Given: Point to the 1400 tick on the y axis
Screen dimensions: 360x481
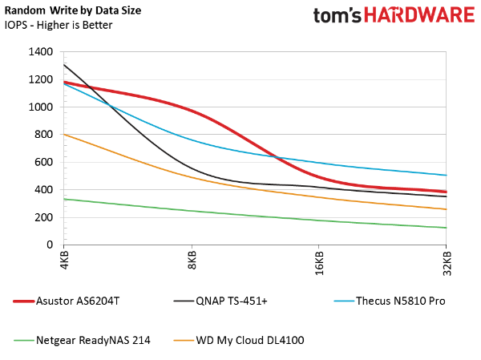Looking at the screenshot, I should pyautogui.click(x=40, y=51).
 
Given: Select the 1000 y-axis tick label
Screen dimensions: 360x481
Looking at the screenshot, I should pyautogui.click(x=40, y=107).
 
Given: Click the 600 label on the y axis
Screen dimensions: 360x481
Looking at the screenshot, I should pyautogui.click(x=43, y=162).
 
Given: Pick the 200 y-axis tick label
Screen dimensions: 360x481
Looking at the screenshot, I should pyautogui.click(x=43, y=217).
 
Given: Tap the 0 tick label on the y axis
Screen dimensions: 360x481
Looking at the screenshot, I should pyautogui.click(x=50, y=245).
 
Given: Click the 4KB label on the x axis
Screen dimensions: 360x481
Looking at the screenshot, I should pyautogui.click(x=64, y=262).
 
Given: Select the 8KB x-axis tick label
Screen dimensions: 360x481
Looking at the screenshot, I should pyautogui.click(x=192, y=262).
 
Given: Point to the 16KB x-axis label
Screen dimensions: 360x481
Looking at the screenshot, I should pyautogui.click(x=319, y=264).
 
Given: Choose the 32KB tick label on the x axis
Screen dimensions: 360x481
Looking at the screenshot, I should pyautogui.click(x=447, y=264).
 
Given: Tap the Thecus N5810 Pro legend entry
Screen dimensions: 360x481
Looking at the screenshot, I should pyautogui.click(x=389, y=301).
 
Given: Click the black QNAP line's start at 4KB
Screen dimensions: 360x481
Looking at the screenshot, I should pyautogui.click(x=64, y=64).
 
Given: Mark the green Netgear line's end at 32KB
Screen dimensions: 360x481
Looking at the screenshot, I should pyautogui.click(x=446, y=228).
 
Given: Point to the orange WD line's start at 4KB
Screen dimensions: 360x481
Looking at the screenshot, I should pyautogui.click(x=64, y=134).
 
